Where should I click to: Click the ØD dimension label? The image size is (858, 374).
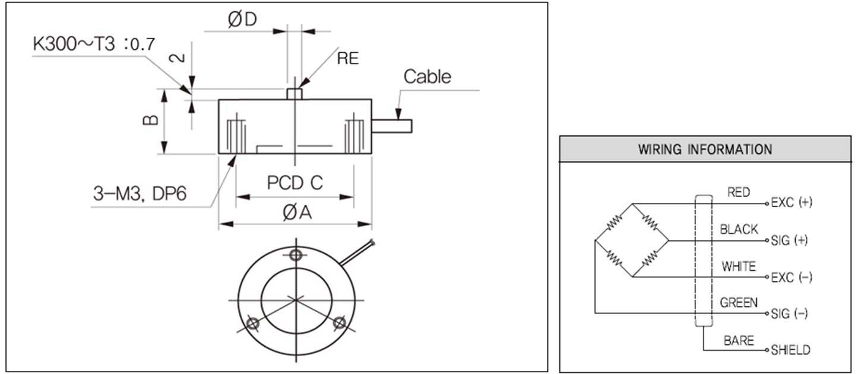click(x=242, y=20)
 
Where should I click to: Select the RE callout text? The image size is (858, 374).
click(x=348, y=58)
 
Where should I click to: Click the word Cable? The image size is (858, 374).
click(x=427, y=77)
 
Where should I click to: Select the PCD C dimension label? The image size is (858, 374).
click(x=295, y=183)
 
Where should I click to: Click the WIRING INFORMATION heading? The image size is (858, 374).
click(x=705, y=149)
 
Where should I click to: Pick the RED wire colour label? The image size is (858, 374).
click(x=738, y=192)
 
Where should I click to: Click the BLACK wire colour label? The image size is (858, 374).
click(x=739, y=229)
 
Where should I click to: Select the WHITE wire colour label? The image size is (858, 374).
click(x=739, y=267)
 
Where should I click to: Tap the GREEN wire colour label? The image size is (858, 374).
click(x=739, y=303)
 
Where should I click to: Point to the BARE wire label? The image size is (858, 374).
click(x=739, y=341)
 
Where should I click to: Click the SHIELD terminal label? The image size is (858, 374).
click(x=790, y=350)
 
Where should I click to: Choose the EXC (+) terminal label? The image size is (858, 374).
click(x=791, y=202)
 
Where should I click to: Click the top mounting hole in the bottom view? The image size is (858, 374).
click(x=296, y=256)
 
